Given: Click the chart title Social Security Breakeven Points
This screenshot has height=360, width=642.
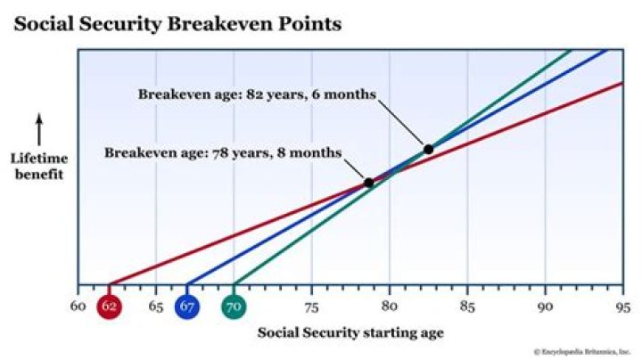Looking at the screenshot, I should pyautogui.click(x=177, y=24).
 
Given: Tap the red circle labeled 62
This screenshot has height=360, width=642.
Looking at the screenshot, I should pyautogui.click(x=110, y=307).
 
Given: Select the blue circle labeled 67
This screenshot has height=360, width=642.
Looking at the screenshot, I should pyautogui.click(x=187, y=307).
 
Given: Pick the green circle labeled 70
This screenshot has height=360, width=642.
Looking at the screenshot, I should pyautogui.click(x=234, y=307).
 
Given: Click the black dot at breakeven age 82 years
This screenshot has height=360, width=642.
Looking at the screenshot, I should pyautogui.click(x=428, y=149).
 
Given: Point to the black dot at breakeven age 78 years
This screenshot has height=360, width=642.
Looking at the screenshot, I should pyautogui.click(x=368, y=183).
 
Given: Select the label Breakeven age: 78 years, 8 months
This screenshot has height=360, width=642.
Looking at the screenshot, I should pyautogui.click(x=223, y=153).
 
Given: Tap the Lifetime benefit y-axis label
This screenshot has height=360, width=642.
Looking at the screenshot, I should pyautogui.click(x=38, y=166).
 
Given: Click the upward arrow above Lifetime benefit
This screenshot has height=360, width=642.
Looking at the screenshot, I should pyautogui.click(x=38, y=129).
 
